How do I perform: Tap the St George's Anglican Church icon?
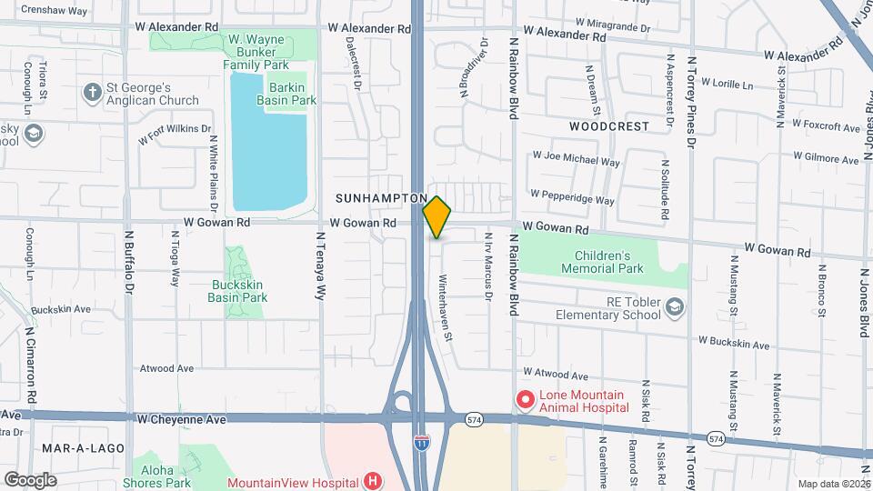pos(91,92)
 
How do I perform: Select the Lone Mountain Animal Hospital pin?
pos(525,399)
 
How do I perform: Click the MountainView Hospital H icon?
pos(371,481)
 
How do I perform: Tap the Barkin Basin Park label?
pos(279,94)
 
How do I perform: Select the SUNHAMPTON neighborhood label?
pos(380,197)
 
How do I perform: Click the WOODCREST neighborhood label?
pos(609,125)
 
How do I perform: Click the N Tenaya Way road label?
pos(320,266)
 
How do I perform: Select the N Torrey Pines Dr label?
pos(691,102)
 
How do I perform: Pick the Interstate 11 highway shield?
pos(421,443)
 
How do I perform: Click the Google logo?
pos(29,479)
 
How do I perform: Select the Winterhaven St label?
pos(446,307)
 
